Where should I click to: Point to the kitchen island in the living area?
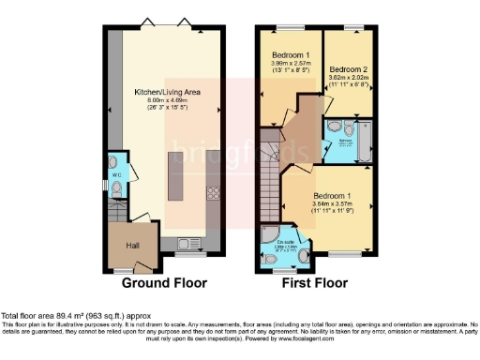175,177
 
